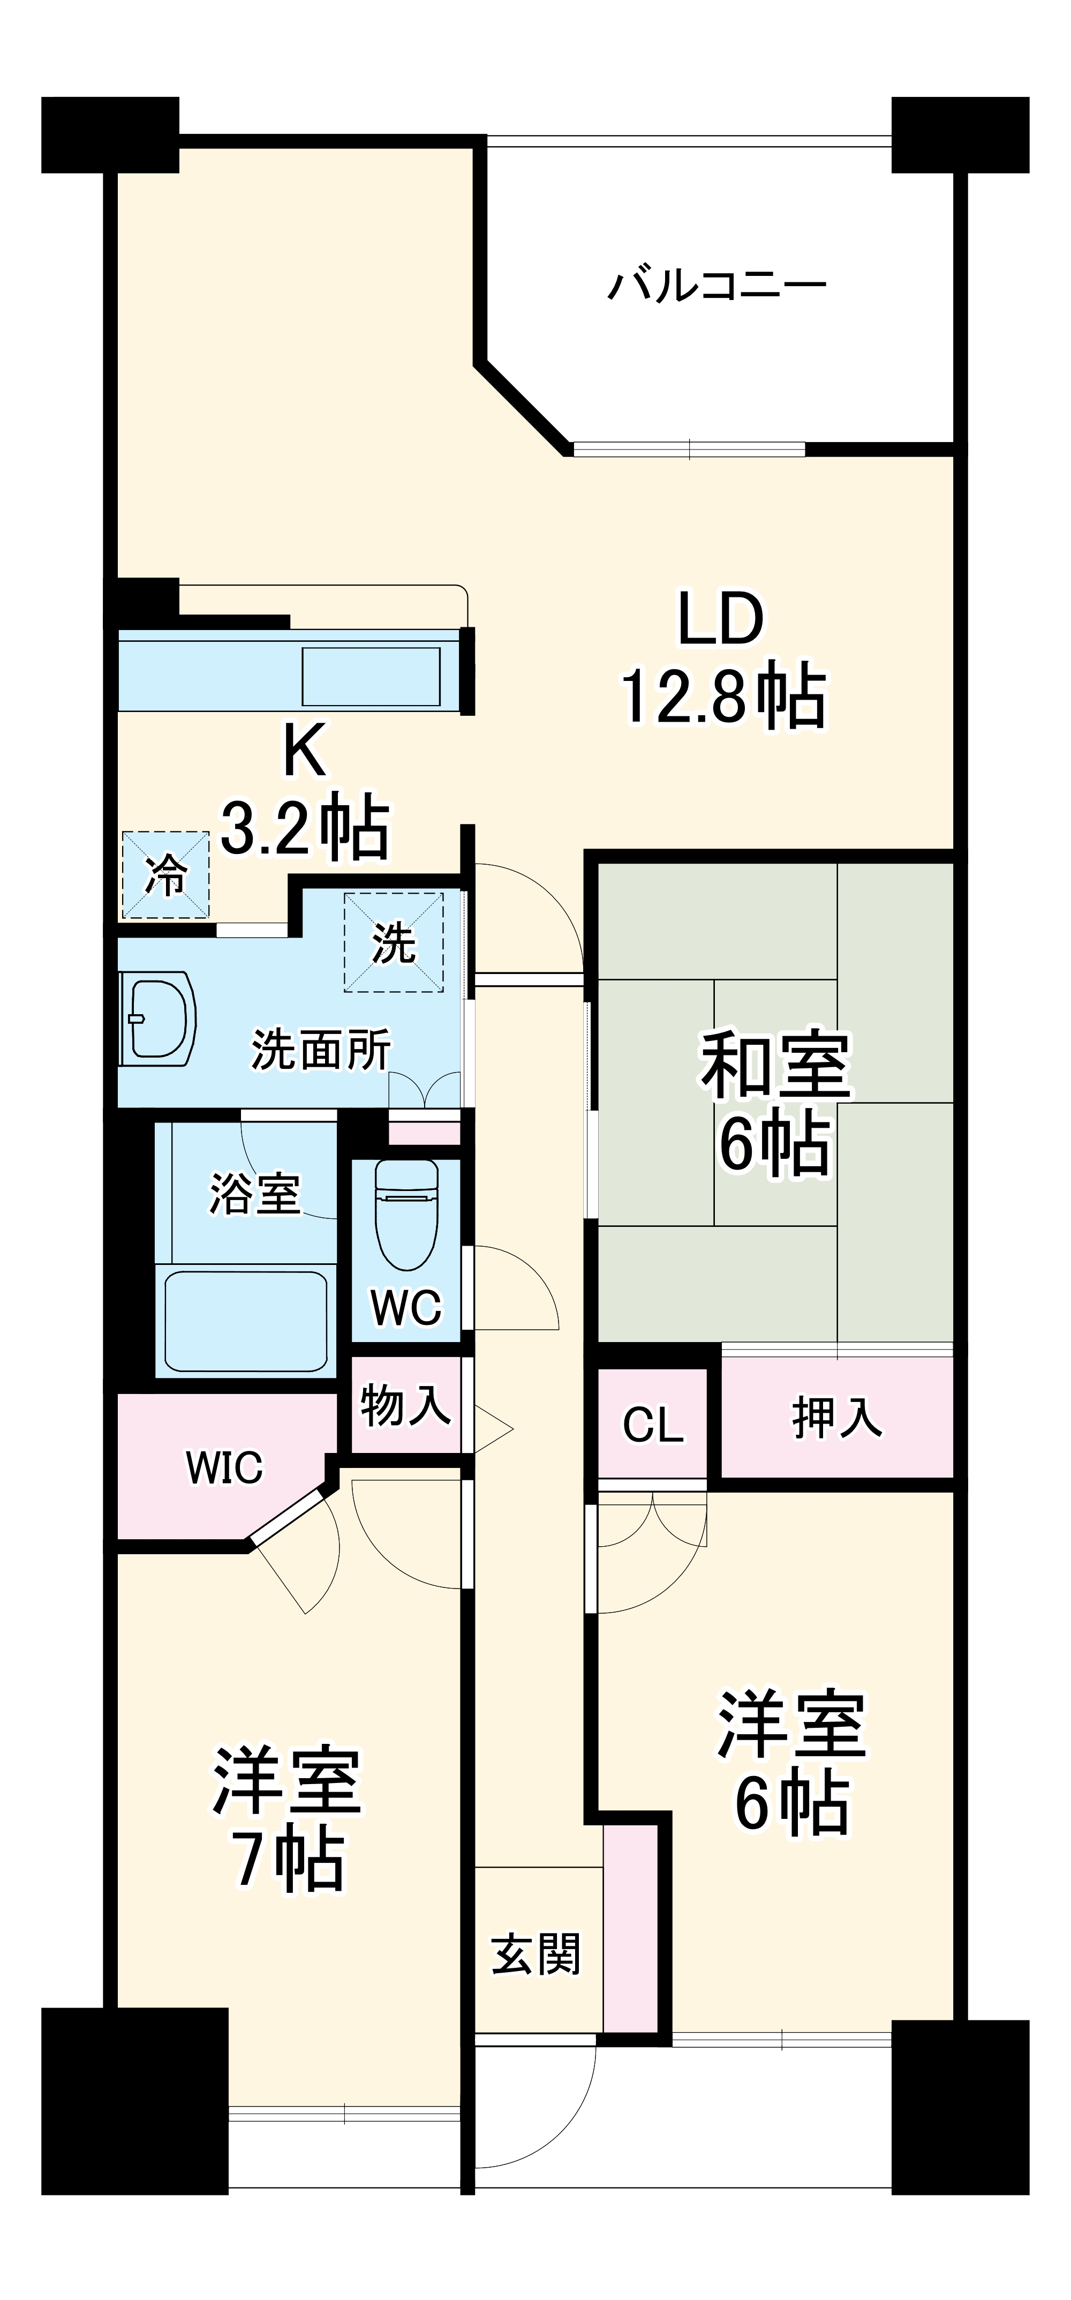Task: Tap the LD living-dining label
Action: (x=721, y=618)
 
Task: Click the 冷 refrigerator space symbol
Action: (x=165, y=875)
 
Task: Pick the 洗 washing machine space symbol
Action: (x=394, y=941)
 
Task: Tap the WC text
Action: (x=406, y=1308)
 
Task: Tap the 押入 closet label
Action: (x=837, y=1418)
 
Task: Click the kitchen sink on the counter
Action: (x=371, y=676)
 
